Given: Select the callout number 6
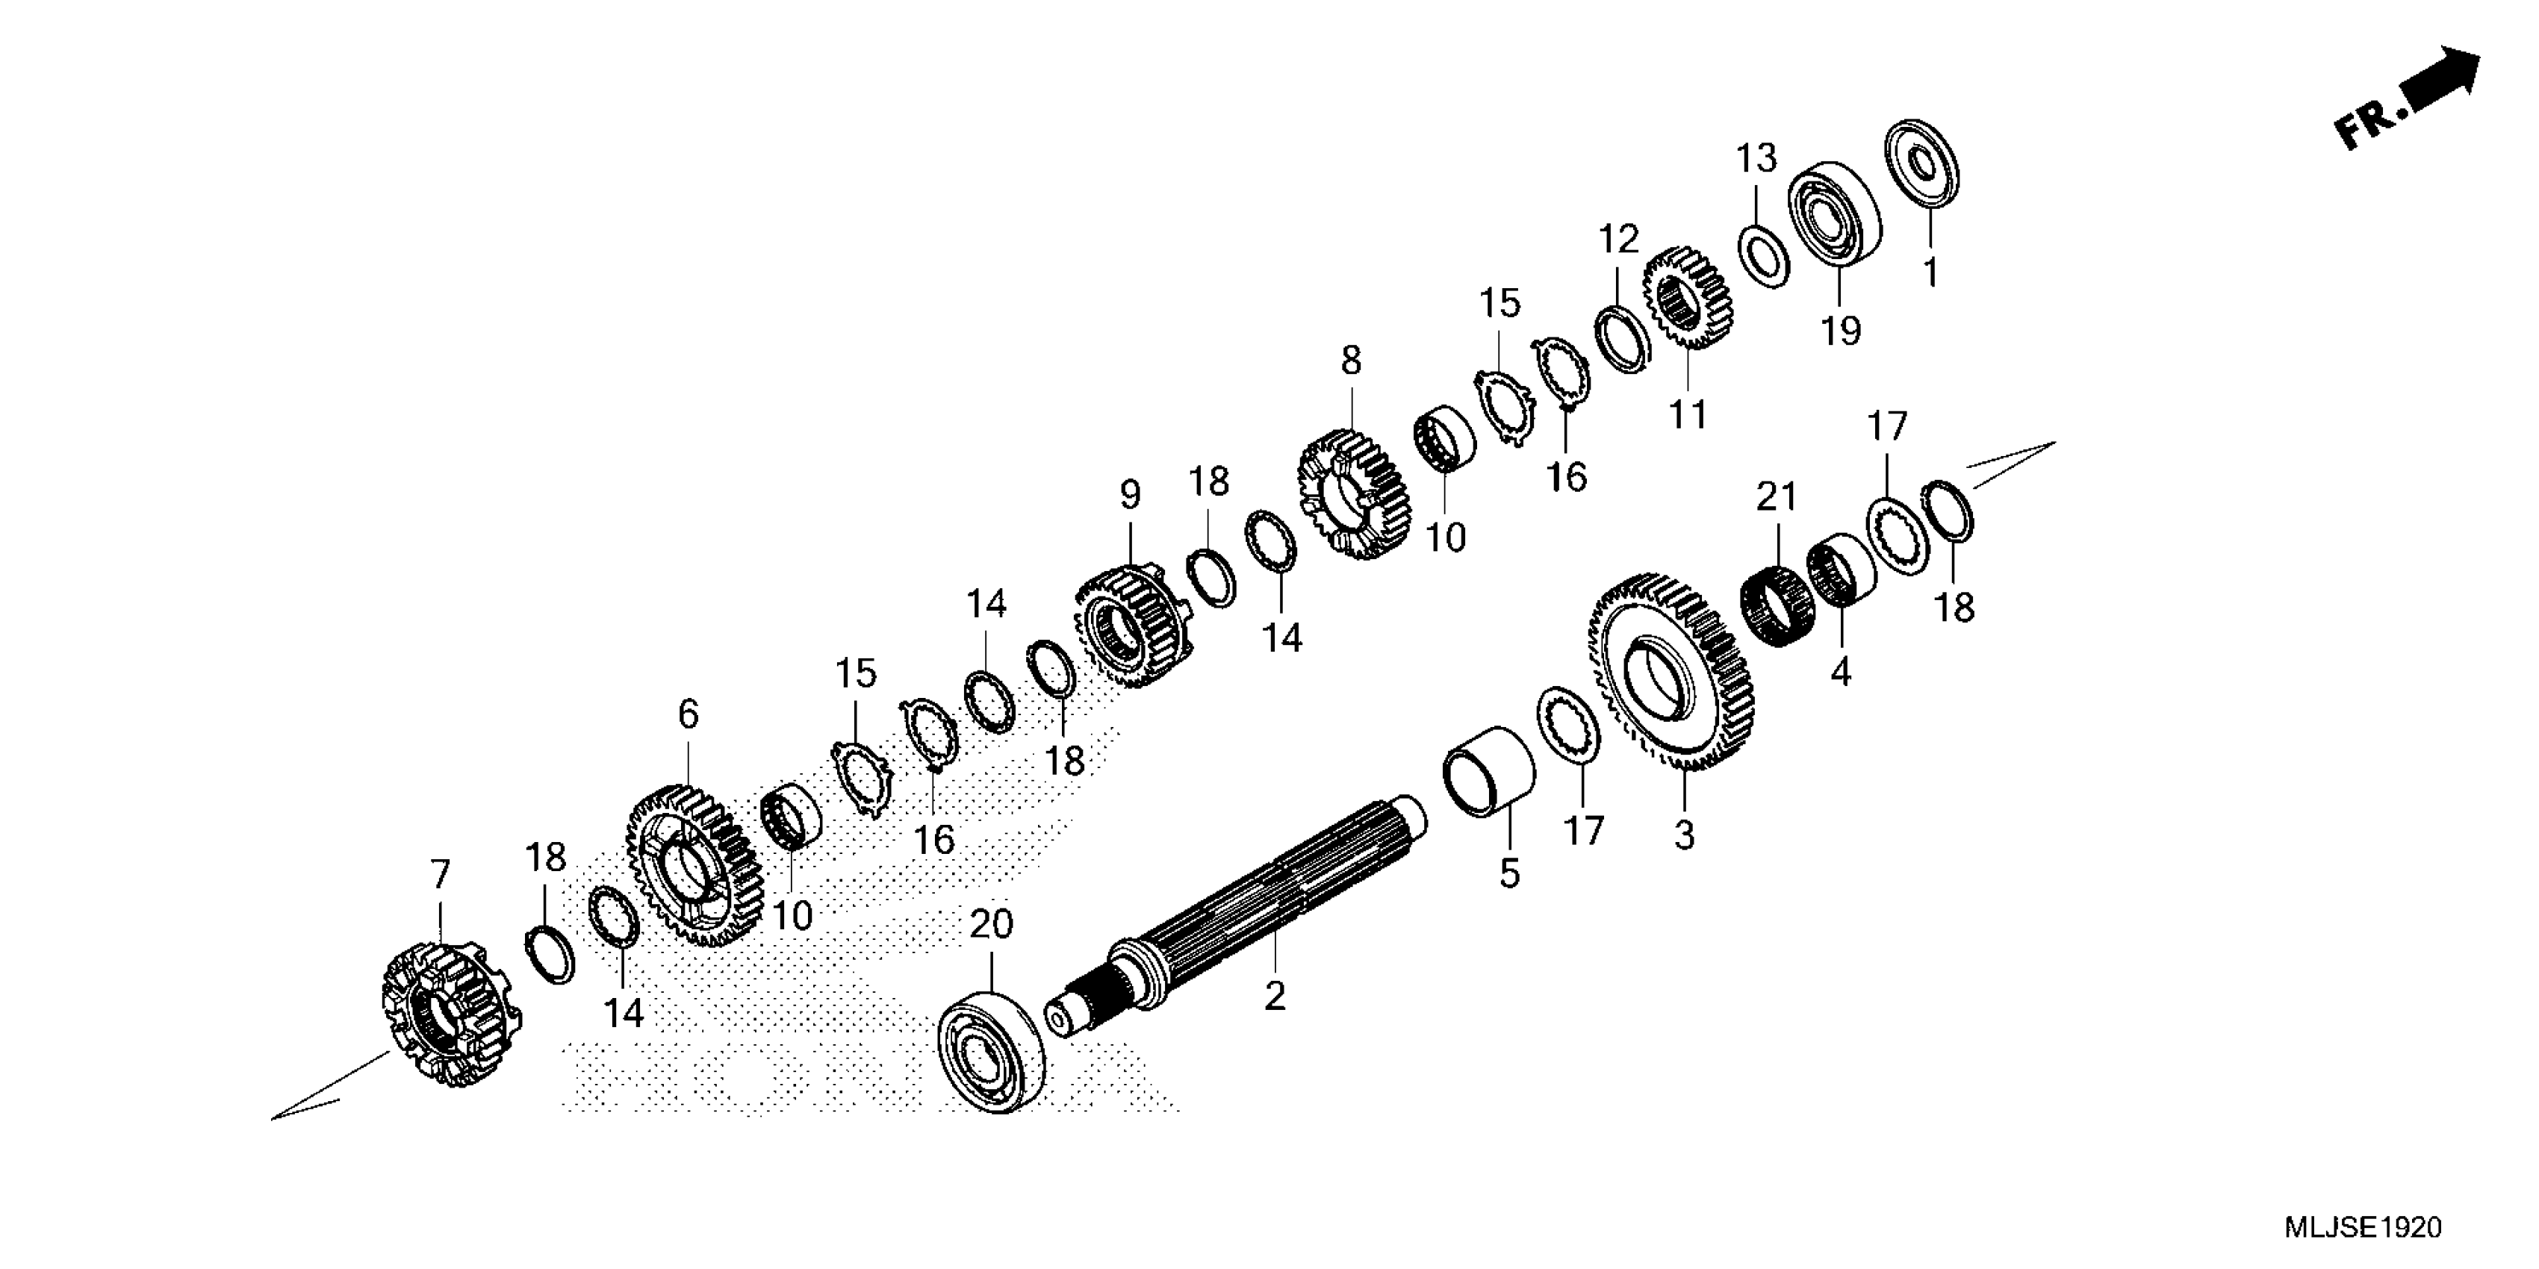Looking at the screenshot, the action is click(688, 714).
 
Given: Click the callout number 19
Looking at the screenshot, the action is click(1840, 331).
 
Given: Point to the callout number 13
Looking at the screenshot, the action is click(1756, 158).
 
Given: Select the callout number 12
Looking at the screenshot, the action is click(1617, 240).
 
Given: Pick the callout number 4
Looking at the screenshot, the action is click(1840, 672).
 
